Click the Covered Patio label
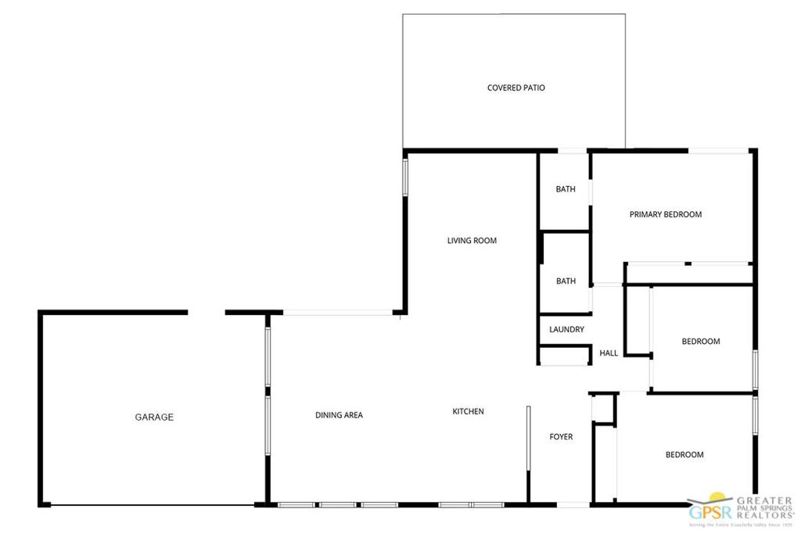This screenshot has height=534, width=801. click(x=515, y=88)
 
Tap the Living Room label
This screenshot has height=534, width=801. click(x=472, y=241)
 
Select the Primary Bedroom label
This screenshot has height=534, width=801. click(x=665, y=214)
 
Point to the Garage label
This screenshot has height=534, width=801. click(x=154, y=418)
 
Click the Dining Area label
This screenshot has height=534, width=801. click(x=339, y=415)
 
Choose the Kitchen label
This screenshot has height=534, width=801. click(x=468, y=411)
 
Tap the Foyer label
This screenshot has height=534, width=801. click(x=561, y=437)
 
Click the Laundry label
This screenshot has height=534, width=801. click(x=566, y=330)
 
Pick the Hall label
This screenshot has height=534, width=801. click(x=609, y=353)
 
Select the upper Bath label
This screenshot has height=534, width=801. click(x=566, y=189)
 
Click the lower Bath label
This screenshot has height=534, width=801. click(x=566, y=281)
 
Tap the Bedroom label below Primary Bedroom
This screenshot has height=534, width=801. click(x=700, y=342)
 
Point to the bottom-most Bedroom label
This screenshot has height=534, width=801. click(x=684, y=455)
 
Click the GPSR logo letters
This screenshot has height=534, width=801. click(x=708, y=512)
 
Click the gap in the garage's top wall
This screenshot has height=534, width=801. click(x=207, y=313)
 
